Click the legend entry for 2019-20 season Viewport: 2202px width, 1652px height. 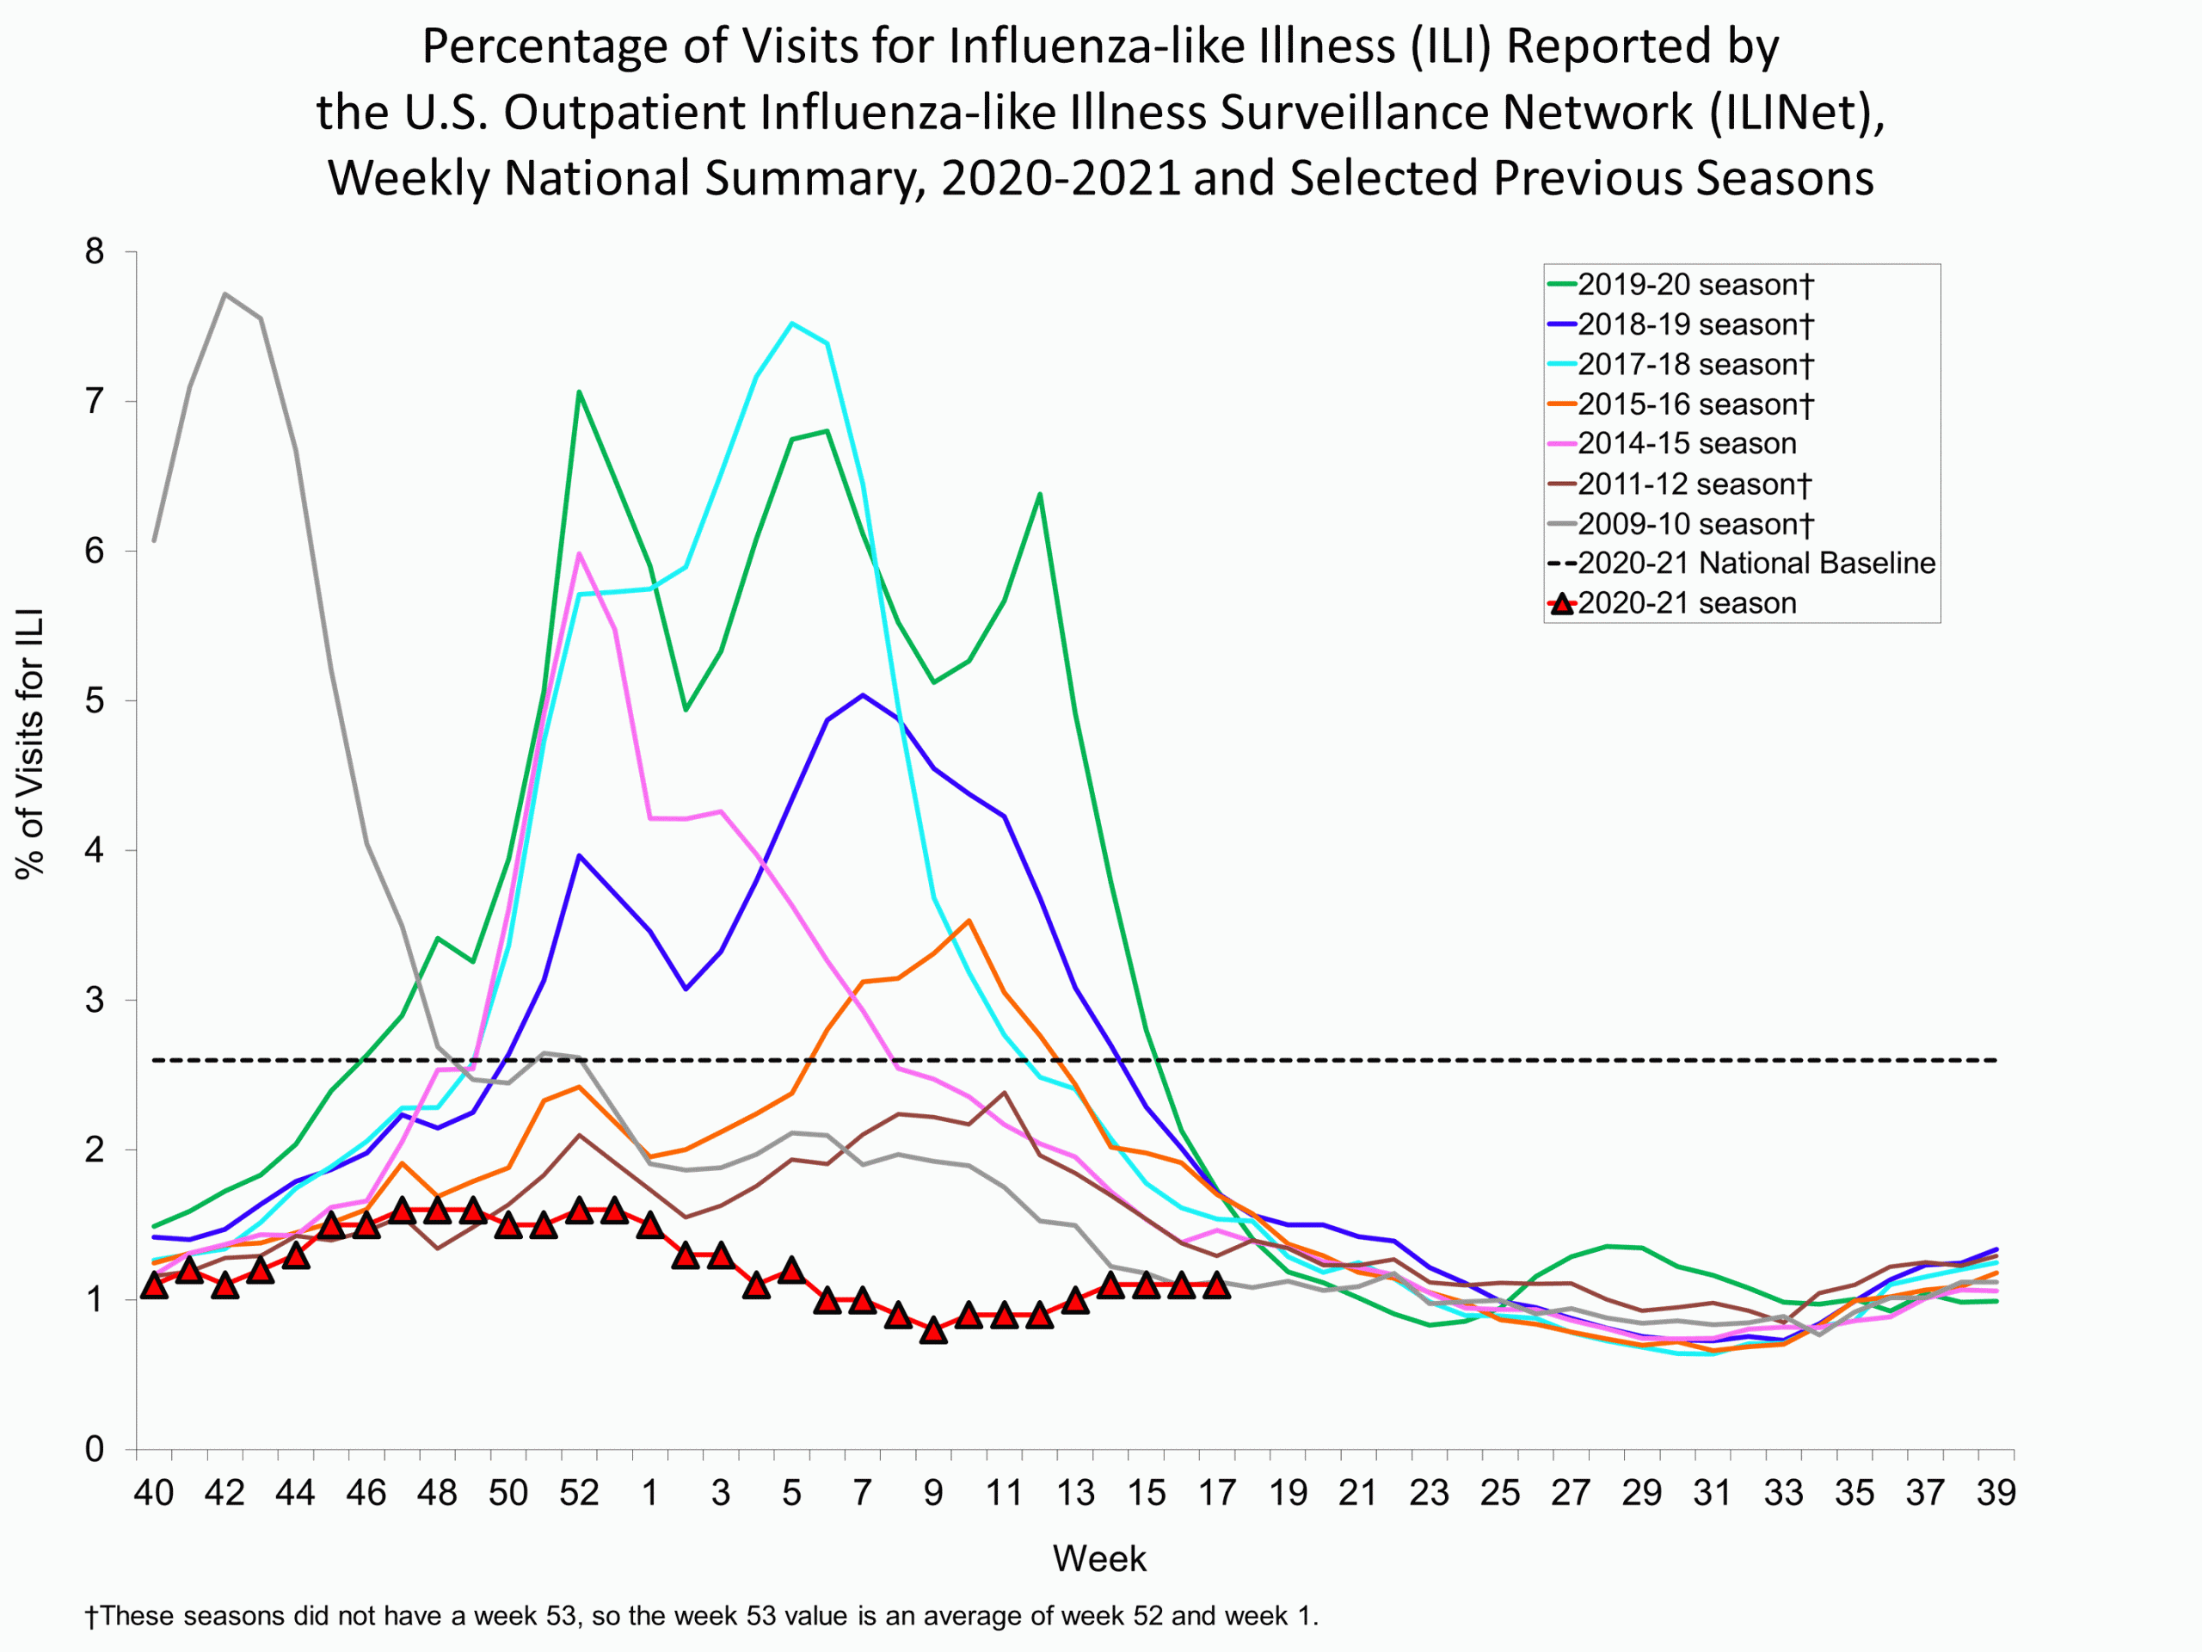(x=1695, y=285)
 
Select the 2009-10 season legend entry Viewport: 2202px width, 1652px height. (x=1695, y=524)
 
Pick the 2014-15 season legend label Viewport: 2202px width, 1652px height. (x=1687, y=443)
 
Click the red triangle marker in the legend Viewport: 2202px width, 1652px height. (x=1562, y=603)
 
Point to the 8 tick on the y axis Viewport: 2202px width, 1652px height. (x=95, y=252)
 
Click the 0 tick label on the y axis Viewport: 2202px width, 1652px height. (x=95, y=1449)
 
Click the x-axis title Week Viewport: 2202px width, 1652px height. (x=1099, y=1558)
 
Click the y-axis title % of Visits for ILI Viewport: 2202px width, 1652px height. (x=30, y=743)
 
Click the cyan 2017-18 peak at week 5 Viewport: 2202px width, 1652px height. (x=791, y=323)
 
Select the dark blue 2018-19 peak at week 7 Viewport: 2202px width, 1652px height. (x=862, y=695)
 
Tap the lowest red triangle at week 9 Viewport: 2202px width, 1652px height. (x=932, y=1330)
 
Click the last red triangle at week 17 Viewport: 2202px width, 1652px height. (x=1216, y=1285)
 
